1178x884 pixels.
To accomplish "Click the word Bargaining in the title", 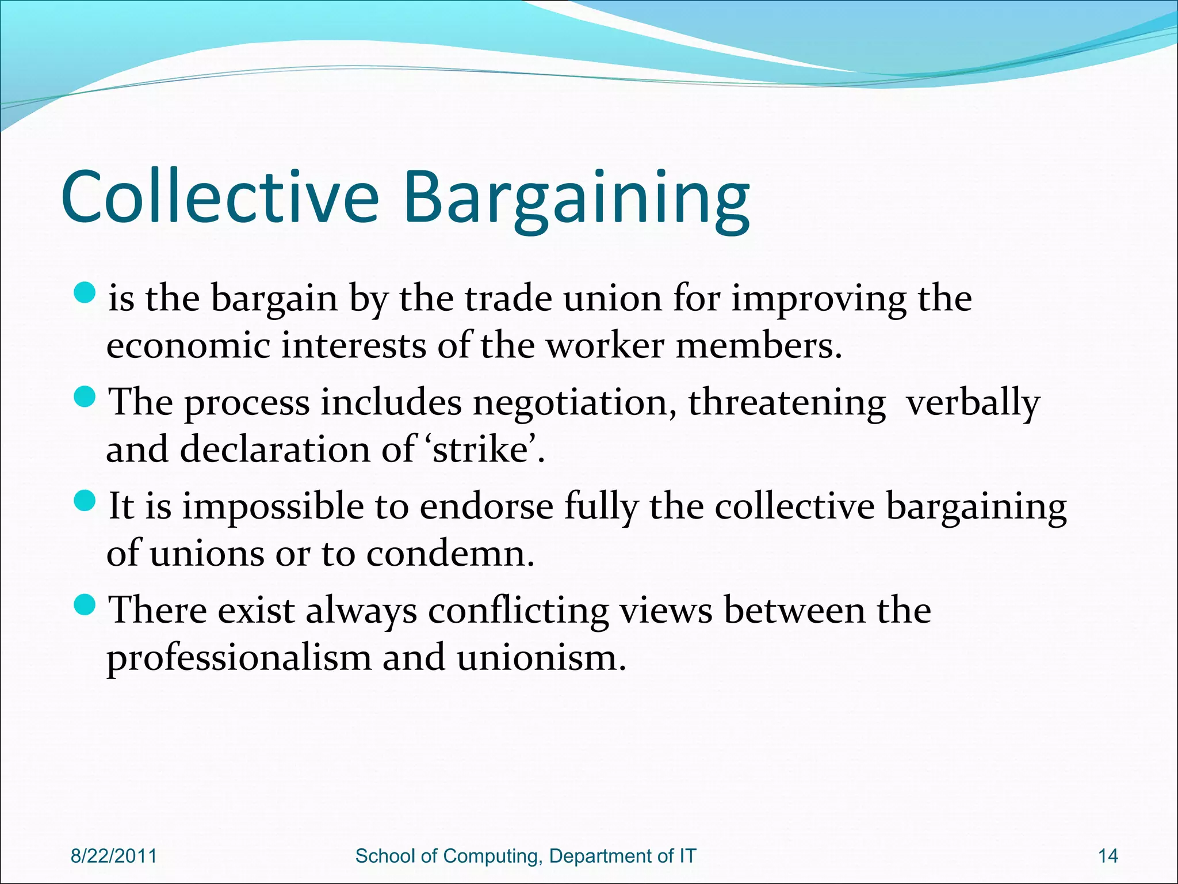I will coord(576,199).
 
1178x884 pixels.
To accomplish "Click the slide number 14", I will coord(1108,856).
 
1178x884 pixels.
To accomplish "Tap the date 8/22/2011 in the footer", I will coord(114,856).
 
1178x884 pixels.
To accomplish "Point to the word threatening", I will coord(787,403).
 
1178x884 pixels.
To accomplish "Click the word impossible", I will coord(273,507).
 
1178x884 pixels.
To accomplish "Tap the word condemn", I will coord(450,554).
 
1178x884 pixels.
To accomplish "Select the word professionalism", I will coord(239,658).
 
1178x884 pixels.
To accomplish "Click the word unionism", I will coord(541,658).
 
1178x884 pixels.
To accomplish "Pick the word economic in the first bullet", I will coord(188,346).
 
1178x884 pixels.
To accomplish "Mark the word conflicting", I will coord(518,611).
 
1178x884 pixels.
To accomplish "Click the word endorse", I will coord(486,507).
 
